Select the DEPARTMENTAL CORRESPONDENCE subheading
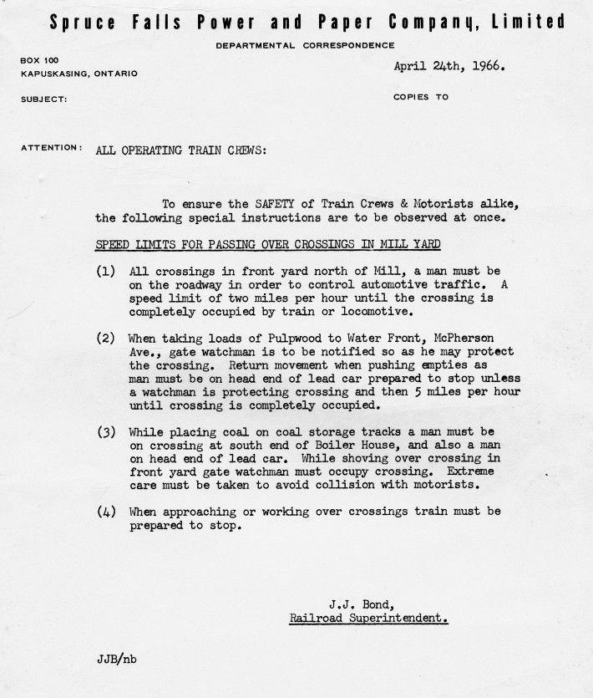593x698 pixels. click(x=305, y=45)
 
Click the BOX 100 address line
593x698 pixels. click(x=41, y=61)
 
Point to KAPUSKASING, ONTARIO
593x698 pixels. click(x=79, y=74)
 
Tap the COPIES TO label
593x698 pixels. click(x=420, y=97)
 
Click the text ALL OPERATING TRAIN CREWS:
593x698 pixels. click(x=181, y=150)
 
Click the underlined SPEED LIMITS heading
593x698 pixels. click(x=268, y=244)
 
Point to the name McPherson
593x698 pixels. click(x=472, y=339)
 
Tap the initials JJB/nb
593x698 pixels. click(x=116, y=658)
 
